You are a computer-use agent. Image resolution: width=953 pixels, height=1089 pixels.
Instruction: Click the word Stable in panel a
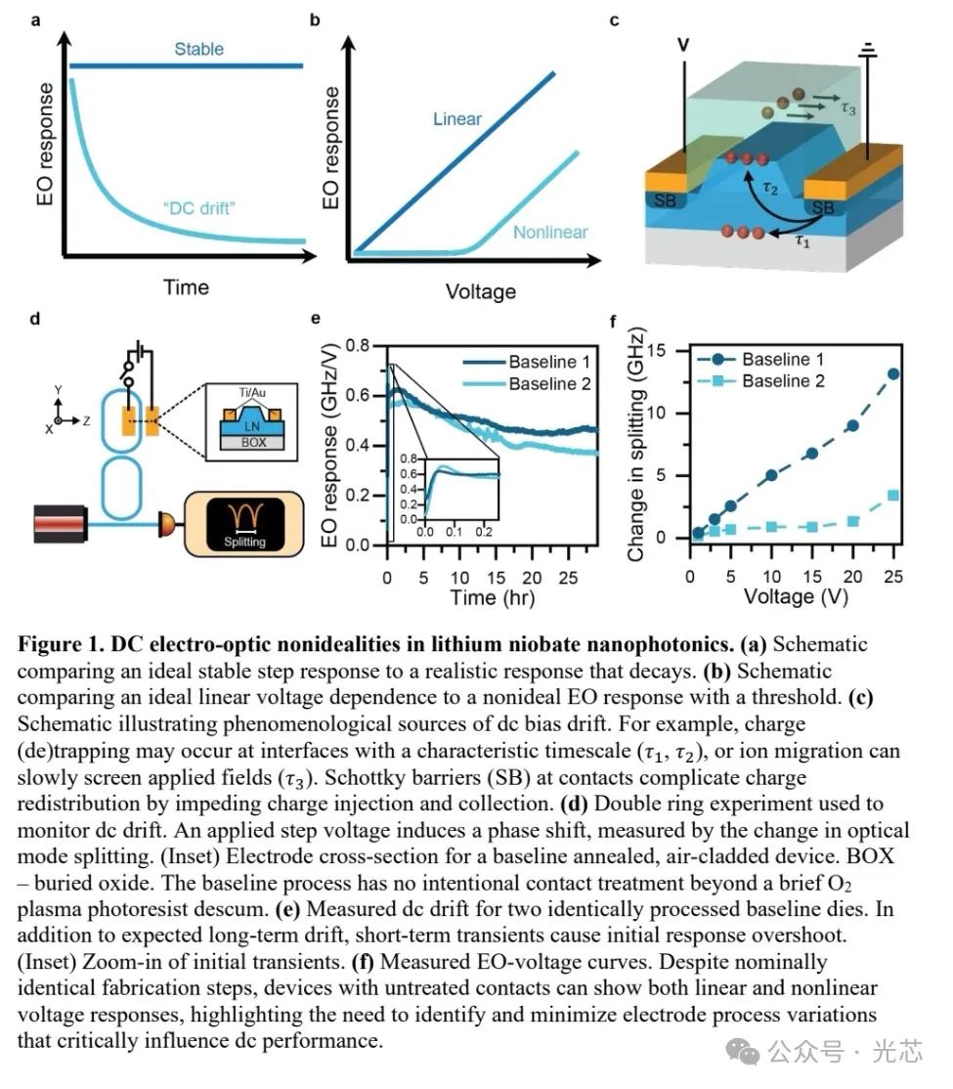(x=199, y=48)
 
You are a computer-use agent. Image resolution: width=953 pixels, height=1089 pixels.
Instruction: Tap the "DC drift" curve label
(x=202, y=207)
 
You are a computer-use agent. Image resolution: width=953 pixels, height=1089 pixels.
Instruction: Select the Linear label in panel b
(x=458, y=118)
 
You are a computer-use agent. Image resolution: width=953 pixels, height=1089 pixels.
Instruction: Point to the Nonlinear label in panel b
(x=551, y=232)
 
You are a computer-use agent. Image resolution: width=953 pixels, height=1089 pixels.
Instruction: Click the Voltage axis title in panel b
(x=480, y=290)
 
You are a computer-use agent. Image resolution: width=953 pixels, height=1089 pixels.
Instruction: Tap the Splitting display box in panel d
(x=244, y=517)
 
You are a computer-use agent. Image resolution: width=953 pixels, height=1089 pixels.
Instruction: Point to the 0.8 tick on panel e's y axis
(x=367, y=345)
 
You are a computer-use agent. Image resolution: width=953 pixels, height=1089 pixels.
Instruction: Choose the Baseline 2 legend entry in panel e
(x=549, y=383)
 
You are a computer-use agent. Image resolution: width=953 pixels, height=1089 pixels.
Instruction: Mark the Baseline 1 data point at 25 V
(x=892, y=373)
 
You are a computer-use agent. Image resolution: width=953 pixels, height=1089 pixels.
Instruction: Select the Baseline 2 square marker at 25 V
(x=892, y=496)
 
